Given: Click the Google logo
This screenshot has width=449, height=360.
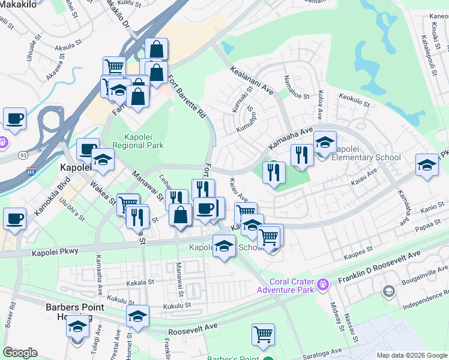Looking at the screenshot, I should pos(20,352).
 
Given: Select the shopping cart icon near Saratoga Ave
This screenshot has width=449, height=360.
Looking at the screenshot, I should pos(263,334).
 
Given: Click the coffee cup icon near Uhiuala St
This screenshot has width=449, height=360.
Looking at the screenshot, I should pos(14,118).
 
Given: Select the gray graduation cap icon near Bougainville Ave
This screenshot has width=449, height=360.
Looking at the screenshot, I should pos(388,291).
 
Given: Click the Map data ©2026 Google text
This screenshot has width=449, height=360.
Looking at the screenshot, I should pos(412,355).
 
